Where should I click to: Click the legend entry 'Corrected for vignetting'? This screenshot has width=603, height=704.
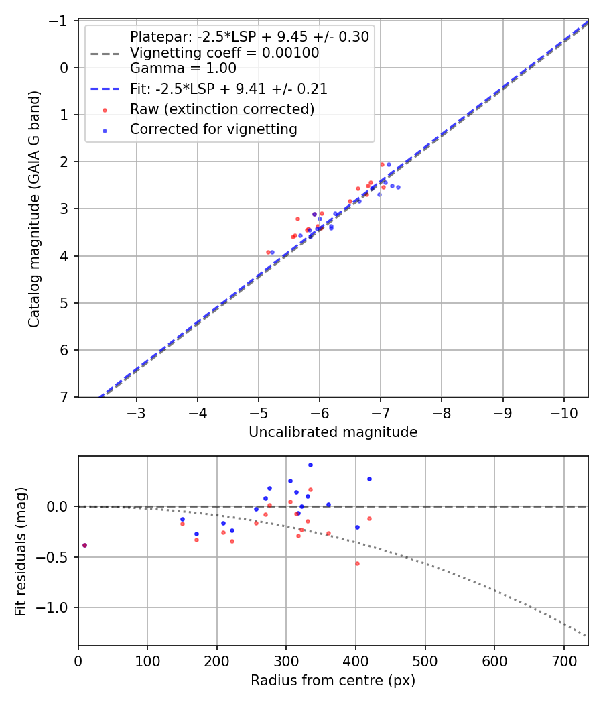[213, 129]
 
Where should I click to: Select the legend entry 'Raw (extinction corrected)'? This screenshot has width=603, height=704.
[222, 109]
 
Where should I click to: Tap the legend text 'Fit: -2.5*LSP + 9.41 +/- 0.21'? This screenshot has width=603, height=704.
[228, 89]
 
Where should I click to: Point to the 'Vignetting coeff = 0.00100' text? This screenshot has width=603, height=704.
[224, 52]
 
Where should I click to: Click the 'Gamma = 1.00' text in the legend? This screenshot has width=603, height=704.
[183, 68]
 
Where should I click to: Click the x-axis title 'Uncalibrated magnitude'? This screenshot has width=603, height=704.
[333, 432]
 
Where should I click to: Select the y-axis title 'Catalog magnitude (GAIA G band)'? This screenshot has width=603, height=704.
[34, 209]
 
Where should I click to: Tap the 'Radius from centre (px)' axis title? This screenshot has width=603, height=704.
[333, 681]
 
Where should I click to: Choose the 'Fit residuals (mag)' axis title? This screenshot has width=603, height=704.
[21, 551]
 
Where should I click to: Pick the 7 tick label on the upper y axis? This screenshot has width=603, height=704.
[65, 398]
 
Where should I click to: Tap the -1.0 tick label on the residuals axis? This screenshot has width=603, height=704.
[56, 608]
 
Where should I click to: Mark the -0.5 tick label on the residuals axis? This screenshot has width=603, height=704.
[56, 557]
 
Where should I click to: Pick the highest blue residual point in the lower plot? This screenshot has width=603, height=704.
[310, 465]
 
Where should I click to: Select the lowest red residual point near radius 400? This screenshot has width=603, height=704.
[357, 563]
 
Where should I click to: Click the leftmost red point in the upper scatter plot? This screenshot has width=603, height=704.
[269, 252]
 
